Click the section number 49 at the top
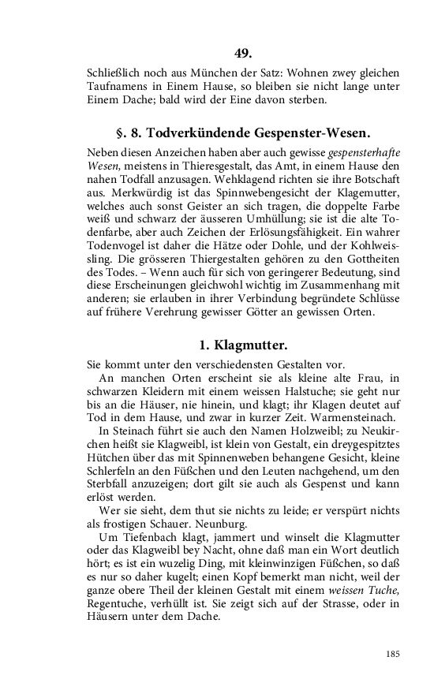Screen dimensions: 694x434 click(242, 54)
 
